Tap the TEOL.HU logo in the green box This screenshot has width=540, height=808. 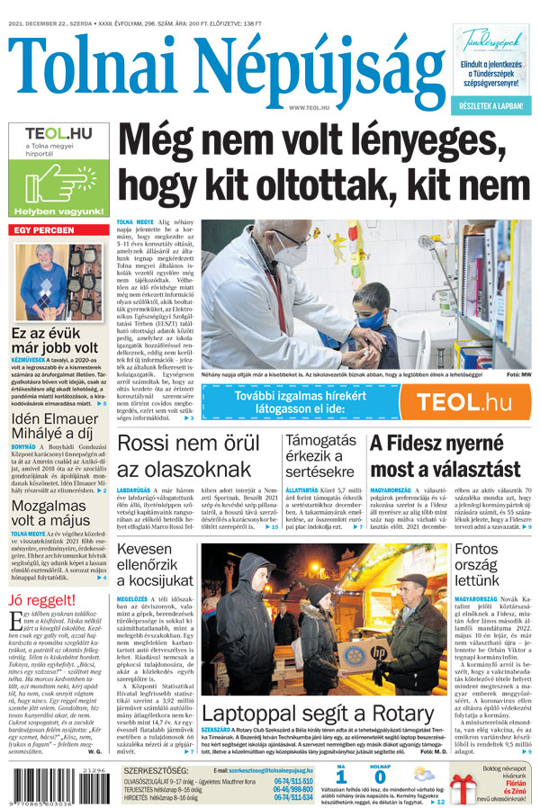[x=58, y=136]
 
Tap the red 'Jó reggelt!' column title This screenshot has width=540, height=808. [x=41, y=600]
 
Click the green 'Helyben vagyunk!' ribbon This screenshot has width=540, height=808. [x=58, y=211]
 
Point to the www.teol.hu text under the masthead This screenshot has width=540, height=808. [x=309, y=107]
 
